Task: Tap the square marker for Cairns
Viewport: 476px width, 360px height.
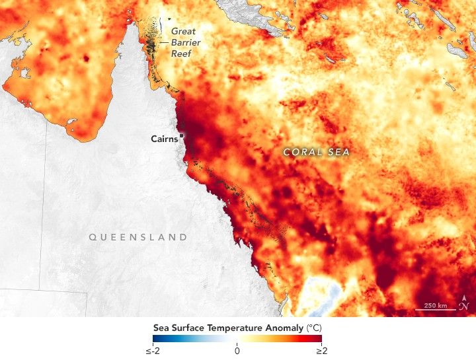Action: pyautogui.click(x=181, y=135)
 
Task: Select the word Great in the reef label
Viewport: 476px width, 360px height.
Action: pyautogui.click(x=183, y=30)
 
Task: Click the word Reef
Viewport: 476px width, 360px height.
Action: pyautogui.click(x=181, y=53)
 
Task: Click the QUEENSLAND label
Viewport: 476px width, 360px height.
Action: pyautogui.click(x=138, y=236)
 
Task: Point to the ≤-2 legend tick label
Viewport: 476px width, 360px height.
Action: pyautogui.click(x=153, y=351)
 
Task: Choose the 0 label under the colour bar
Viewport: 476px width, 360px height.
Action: pyautogui.click(x=237, y=351)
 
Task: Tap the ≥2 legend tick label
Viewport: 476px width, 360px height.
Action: pyautogui.click(x=321, y=351)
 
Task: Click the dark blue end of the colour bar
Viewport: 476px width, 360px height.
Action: pyautogui.click(x=156, y=339)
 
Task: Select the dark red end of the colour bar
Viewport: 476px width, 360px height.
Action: pyautogui.click(x=319, y=339)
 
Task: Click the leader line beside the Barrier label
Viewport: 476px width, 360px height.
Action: pyautogui.click(x=163, y=42)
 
